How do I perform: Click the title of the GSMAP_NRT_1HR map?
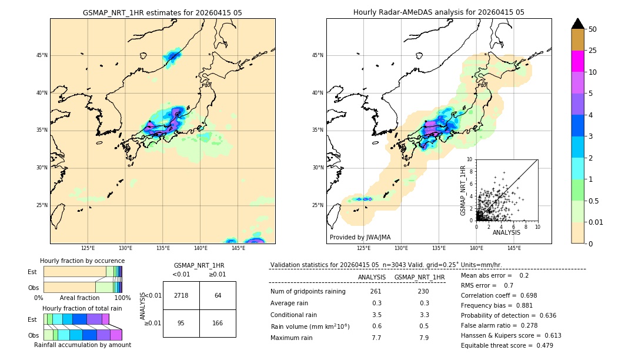point(162,12)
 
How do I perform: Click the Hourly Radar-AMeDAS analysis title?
point(439,12)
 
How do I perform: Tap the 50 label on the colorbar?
point(593,29)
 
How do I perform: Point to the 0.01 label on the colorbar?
point(596,222)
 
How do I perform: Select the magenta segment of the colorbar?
point(577,61)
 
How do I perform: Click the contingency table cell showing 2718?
point(181,295)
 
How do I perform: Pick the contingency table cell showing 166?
point(218,323)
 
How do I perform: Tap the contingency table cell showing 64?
point(218,295)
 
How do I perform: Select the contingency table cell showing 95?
point(181,323)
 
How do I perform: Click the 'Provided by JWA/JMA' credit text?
point(360,237)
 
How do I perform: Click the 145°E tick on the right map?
point(514,248)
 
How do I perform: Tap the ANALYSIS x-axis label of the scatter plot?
point(506,232)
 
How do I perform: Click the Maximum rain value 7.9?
point(423,338)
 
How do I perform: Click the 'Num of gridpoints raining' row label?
point(308,292)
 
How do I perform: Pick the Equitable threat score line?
point(507,345)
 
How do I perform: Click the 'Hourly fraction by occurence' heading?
point(82,261)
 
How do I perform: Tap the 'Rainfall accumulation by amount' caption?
point(82,345)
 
